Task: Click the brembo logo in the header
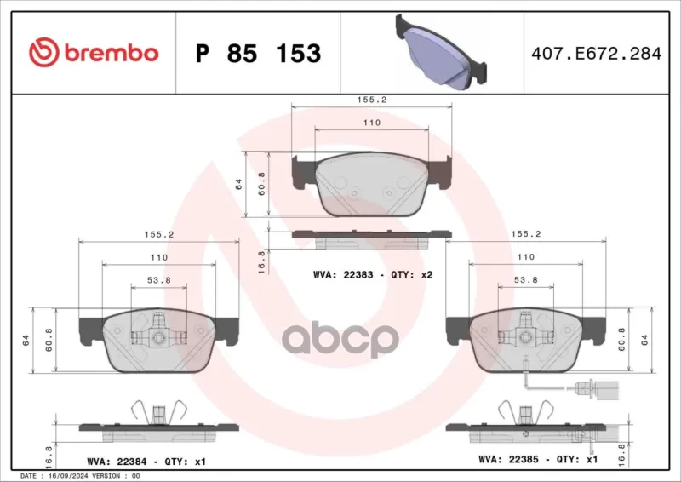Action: coord(94,53)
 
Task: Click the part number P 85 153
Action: coord(259,53)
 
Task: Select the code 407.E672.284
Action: coord(597,53)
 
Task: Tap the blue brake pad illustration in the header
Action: coord(441,52)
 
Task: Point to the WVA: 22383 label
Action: coord(343,275)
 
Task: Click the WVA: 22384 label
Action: coord(117,462)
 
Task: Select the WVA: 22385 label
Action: coord(508,459)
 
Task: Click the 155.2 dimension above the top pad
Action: coord(372,100)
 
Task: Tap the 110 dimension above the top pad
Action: coord(372,123)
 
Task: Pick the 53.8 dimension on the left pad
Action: coord(159,280)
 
